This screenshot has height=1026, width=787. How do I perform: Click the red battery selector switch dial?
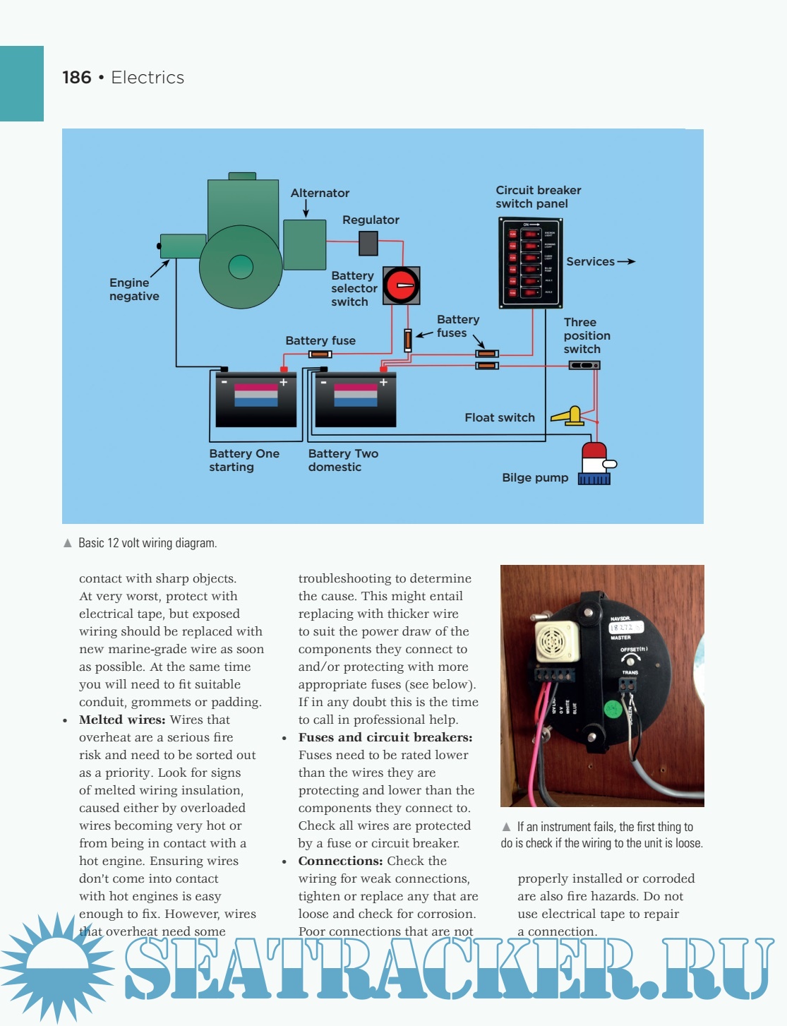click(401, 285)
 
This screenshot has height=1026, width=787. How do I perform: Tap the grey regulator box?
click(368, 243)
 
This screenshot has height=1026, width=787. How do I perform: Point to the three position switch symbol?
click(584, 365)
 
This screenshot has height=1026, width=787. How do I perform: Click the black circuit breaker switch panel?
click(531, 263)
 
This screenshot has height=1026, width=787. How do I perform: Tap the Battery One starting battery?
click(256, 399)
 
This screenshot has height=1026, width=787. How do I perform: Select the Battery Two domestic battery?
click(355, 399)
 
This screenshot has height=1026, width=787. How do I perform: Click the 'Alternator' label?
click(320, 193)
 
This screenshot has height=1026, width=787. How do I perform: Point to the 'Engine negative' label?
click(133, 290)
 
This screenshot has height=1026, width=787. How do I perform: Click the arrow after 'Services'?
click(626, 262)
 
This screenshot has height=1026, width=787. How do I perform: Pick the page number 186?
click(77, 78)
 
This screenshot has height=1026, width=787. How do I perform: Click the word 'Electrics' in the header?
click(148, 78)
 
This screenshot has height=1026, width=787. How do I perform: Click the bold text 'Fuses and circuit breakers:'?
click(385, 737)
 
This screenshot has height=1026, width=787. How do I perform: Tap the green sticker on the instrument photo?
click(612, 708)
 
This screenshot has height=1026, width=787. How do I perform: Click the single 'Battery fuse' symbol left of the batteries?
click(320, 354)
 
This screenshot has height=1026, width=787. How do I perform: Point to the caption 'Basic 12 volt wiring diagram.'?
click(147, 543)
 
